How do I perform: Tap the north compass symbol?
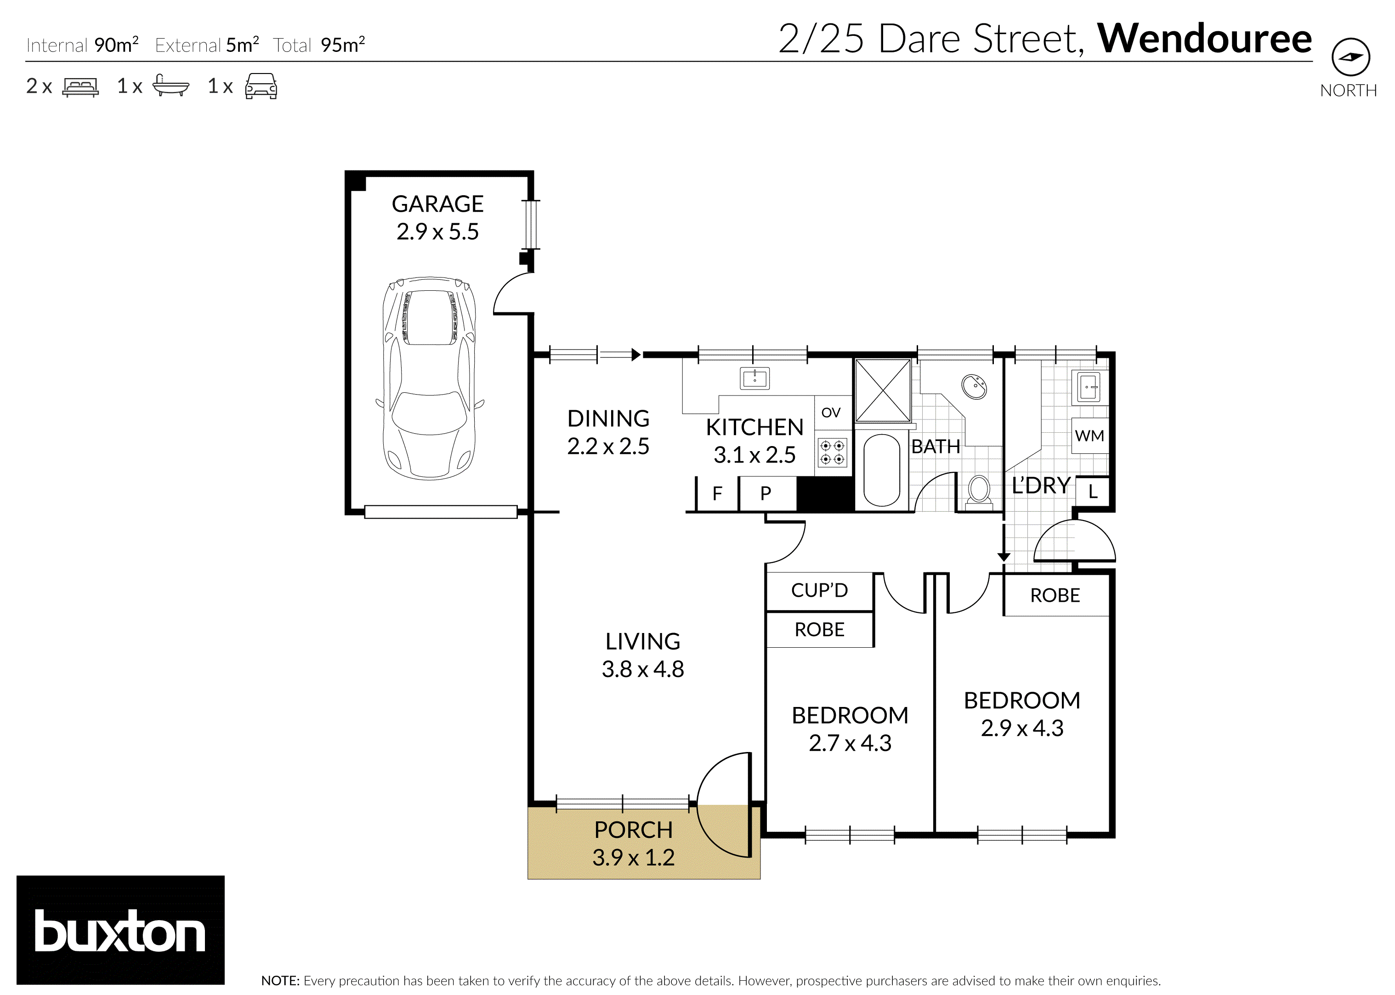[1350, 57]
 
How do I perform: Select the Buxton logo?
[120, 931]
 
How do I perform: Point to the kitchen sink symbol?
[755, 379]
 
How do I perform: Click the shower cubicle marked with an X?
[883, 391]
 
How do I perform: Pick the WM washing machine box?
[1089, 435]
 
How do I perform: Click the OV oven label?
[831, 413]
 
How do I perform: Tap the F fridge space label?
[717, 493]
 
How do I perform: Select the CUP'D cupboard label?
[819, 590]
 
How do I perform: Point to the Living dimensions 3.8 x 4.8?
[643, 669]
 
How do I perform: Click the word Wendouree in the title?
[1204, 39]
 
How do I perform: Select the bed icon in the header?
[80, 86]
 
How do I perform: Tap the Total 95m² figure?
[342, 45]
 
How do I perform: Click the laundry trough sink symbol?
[1089, 387]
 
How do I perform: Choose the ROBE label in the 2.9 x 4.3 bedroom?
[1055, 595]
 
